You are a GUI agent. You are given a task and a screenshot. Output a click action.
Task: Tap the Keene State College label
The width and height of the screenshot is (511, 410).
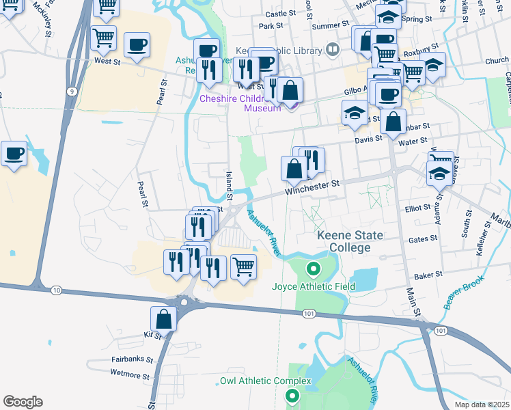tap(350, 241)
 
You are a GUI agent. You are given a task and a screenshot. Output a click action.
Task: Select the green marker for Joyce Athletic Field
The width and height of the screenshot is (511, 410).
tap(314, 269)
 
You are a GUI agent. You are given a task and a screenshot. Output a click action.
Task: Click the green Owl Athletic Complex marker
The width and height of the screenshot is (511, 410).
tap(292, 395)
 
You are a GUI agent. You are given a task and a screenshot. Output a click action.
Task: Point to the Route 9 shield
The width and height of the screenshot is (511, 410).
tap(71, 90)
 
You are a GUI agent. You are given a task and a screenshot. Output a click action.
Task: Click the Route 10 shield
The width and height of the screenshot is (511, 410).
tap(56, 290)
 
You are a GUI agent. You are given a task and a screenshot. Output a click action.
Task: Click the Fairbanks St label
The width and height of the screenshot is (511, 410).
tap(130, 359)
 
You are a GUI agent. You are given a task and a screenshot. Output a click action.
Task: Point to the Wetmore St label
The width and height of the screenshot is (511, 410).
tap(129, 374)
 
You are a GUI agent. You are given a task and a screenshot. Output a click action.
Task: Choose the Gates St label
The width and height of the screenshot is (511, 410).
tap(423, 238)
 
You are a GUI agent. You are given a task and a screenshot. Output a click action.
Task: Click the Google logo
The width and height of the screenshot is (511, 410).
tap(23, 402)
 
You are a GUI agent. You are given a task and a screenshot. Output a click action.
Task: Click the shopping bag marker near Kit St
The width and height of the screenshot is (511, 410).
tap(164, 318)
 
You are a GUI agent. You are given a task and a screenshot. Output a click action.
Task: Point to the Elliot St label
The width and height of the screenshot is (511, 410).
tap(417, 207)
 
